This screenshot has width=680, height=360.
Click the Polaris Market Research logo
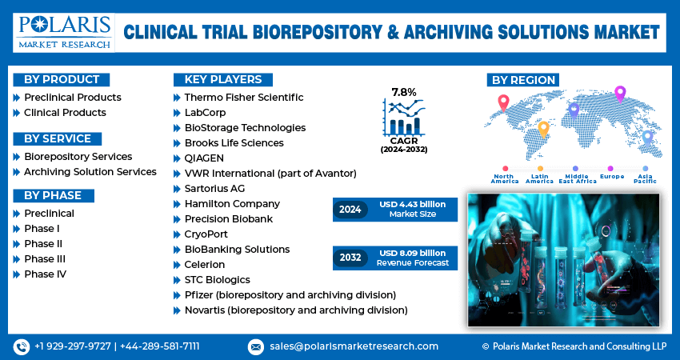coord(64,33)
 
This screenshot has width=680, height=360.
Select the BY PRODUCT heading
coord(62,80)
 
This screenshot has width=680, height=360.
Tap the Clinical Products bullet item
coord(65,113)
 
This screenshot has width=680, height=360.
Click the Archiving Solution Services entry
coord(90,172)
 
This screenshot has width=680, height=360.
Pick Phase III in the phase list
coord(45,259)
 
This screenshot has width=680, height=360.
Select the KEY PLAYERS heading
coord(223,79)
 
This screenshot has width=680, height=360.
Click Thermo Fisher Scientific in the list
coord(244,97)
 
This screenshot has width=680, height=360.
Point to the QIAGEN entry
coord(204,158)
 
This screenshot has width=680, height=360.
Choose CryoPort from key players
coord(206,234)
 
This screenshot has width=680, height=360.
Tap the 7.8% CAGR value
coord(404,92)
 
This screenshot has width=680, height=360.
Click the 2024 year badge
coord(350,210)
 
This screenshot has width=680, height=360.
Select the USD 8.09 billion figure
coord(413,253)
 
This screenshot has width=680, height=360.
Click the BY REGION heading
coord(523,80)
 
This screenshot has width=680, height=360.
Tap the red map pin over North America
coord(503,102)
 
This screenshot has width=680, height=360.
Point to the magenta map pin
coord(620,94)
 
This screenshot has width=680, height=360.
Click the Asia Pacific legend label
coord(646,178)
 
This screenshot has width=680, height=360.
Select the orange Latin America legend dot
coord(540,168)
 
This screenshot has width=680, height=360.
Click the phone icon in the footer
coord(22,346)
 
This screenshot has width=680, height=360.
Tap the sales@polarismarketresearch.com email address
coord(354,346)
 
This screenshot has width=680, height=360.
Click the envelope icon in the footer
coord(256,347)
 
